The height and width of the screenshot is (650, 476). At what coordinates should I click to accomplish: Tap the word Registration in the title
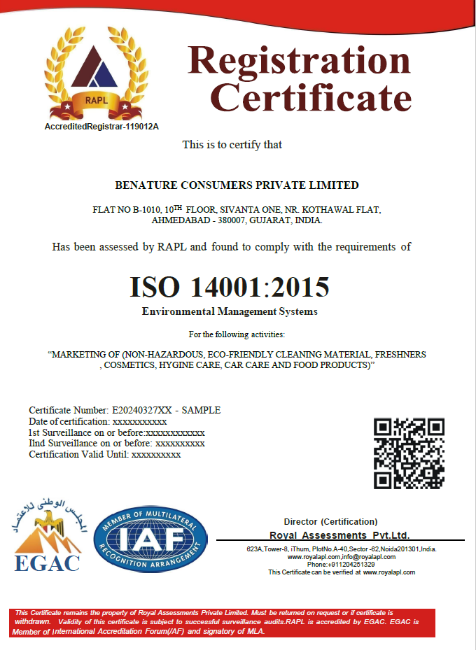click(299, 60)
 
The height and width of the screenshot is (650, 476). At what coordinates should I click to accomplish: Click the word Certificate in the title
click(311, 98)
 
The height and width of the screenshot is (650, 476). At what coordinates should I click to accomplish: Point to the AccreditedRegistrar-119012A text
click(101, 127)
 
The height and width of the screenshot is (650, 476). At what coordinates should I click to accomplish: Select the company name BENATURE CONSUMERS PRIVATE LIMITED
click(237, 185)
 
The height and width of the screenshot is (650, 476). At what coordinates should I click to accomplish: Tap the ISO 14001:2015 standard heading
click(229, 288)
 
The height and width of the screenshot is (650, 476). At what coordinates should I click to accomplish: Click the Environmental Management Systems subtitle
click(230, 311)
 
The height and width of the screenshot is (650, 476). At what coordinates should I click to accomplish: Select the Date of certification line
click(97, 422)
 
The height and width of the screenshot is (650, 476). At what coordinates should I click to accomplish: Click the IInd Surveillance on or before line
click(116, 444)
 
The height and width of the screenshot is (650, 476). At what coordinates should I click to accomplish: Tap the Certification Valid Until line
click(104, 454)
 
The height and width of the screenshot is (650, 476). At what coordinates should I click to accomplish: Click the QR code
click(409, 453)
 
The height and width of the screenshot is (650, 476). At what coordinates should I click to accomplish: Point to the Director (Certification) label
click(330, 522)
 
